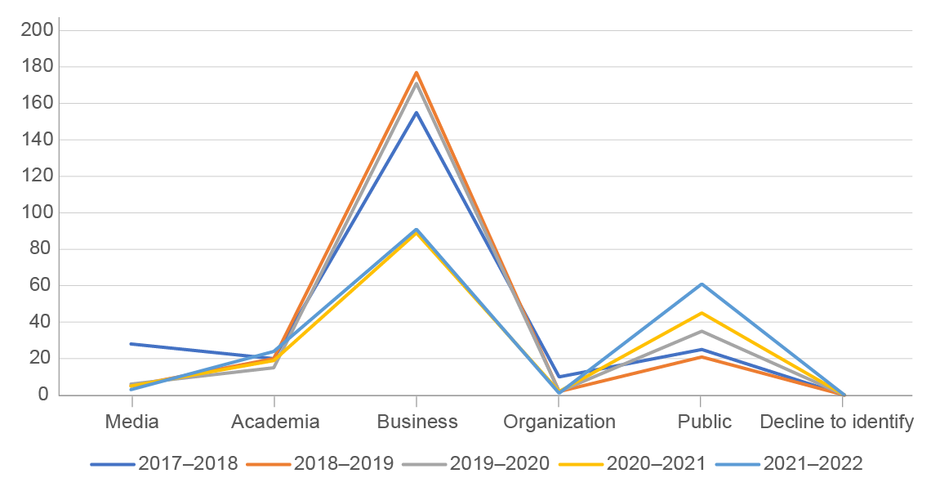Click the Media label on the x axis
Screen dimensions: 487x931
click(131, 422)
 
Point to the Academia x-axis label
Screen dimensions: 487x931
click(274, 422)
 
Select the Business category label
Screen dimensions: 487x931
click(417, 422)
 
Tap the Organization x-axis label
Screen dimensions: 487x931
click(559, 422)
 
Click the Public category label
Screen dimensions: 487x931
click(702, 422)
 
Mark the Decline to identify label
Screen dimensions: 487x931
click(837, 422)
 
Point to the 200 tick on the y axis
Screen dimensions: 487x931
click(39, 30)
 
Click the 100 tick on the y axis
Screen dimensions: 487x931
click(39, 212)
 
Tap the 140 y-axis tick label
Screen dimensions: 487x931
click(39, 140)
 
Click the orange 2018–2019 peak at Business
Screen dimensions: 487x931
click(416, 73)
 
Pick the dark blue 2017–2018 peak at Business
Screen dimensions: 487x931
click(416, 113)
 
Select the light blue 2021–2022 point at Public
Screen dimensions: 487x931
click(701, 284)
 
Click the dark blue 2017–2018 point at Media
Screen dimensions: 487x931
click(131, 344)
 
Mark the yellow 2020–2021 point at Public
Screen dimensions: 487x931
click(701, 313)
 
